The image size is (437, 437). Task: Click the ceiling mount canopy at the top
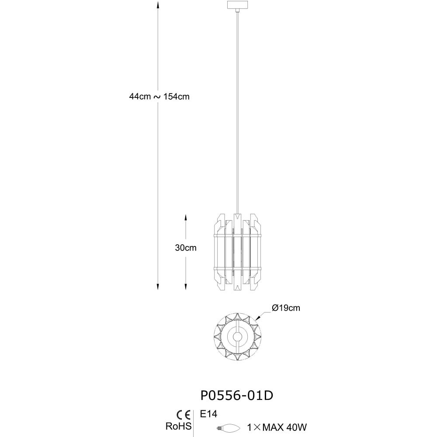237,5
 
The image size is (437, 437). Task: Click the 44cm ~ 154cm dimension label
159,97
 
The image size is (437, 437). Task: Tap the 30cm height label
186,248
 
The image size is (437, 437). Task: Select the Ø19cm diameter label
286,308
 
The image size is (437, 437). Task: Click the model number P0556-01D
237,395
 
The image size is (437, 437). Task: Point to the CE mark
184,415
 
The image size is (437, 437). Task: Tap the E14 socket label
208,414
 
